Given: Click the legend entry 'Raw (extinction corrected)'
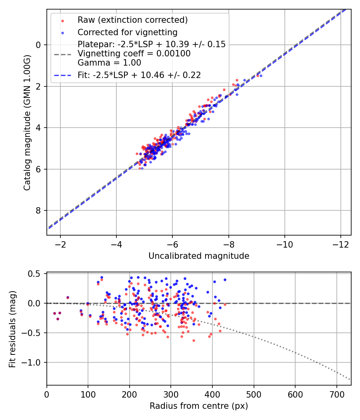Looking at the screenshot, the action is coord(132,20).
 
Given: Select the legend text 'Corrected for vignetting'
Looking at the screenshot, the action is coord(128,32).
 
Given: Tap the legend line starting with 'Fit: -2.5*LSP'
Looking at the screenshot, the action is coord(139,75).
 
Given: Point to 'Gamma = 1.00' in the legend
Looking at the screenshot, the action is coord(109,63).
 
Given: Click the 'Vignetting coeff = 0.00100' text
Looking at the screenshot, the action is coord(134,54).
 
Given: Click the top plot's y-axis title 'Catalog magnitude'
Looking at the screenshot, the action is coord(27,123).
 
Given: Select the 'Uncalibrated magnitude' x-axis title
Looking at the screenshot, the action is coord(199,256).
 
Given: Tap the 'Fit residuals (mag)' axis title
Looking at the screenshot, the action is coord(12,329).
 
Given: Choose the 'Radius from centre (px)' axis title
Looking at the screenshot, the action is coord(199,406).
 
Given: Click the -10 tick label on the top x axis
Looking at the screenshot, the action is coord(284,244).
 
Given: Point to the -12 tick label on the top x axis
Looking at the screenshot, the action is coord(341,244).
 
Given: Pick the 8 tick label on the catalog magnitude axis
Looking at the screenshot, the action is coord(38,211).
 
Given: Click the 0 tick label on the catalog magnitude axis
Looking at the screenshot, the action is coord(38,45).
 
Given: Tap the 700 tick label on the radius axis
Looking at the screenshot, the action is coord(337,394).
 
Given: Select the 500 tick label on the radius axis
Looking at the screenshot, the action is coord(254,394).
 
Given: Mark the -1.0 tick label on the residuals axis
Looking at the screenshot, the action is coord(31,363).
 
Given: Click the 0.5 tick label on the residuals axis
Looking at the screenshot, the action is coord(34,274).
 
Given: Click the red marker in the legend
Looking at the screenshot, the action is coord(63,21).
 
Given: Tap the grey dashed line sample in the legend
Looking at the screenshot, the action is coord(63,54).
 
